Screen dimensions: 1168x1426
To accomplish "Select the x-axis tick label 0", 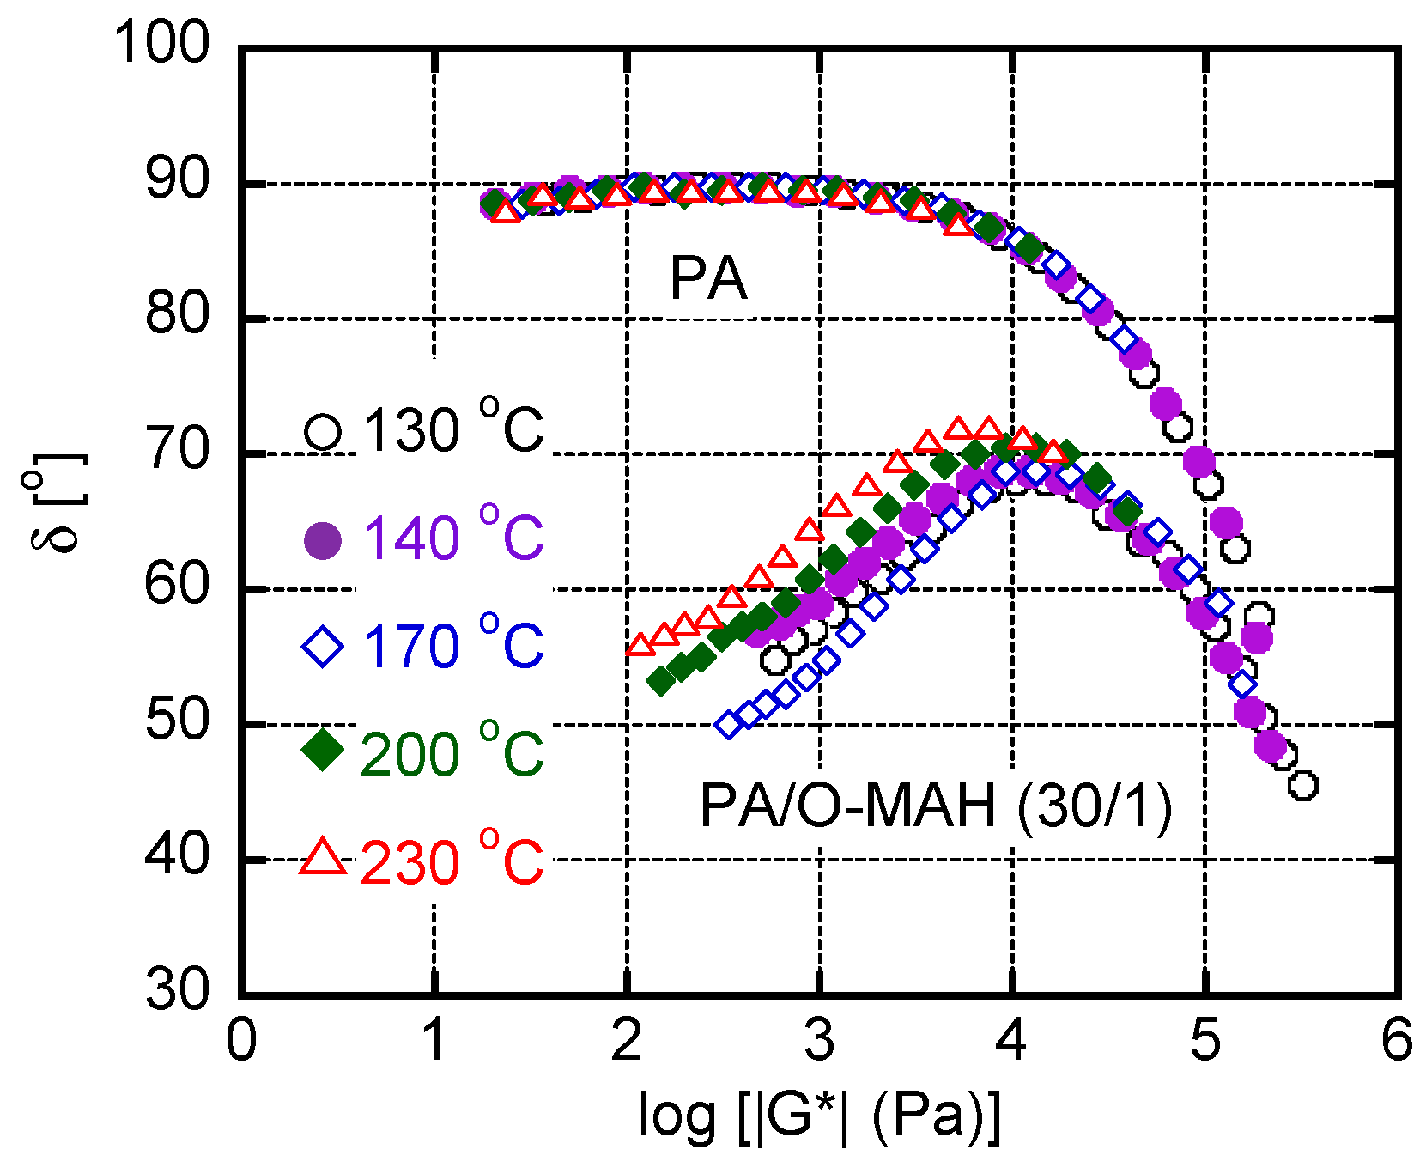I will (x=241, y=1040).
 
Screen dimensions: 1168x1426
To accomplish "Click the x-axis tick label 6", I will (x=1397, y=1040).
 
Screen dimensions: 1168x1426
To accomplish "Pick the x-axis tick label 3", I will (x=819, y=1040).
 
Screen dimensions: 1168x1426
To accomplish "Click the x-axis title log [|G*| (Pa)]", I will (x=820, y=1116).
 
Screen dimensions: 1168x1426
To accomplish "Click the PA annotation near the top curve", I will (x=708, y=278).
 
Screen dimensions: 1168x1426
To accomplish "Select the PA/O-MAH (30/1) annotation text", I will (x=936, y=806).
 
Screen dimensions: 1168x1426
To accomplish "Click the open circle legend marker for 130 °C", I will (x=323, y=431).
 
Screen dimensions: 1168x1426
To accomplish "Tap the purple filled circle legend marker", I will (x=323, y=539).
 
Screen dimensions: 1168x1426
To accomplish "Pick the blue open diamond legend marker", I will (x=323, y=646).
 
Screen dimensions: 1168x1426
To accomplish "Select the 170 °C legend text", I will (x=452, y=646).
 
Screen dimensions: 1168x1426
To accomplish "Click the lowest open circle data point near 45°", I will (x=1302, y=785).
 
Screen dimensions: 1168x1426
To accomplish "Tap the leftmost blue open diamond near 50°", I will (x=729, y=724).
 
